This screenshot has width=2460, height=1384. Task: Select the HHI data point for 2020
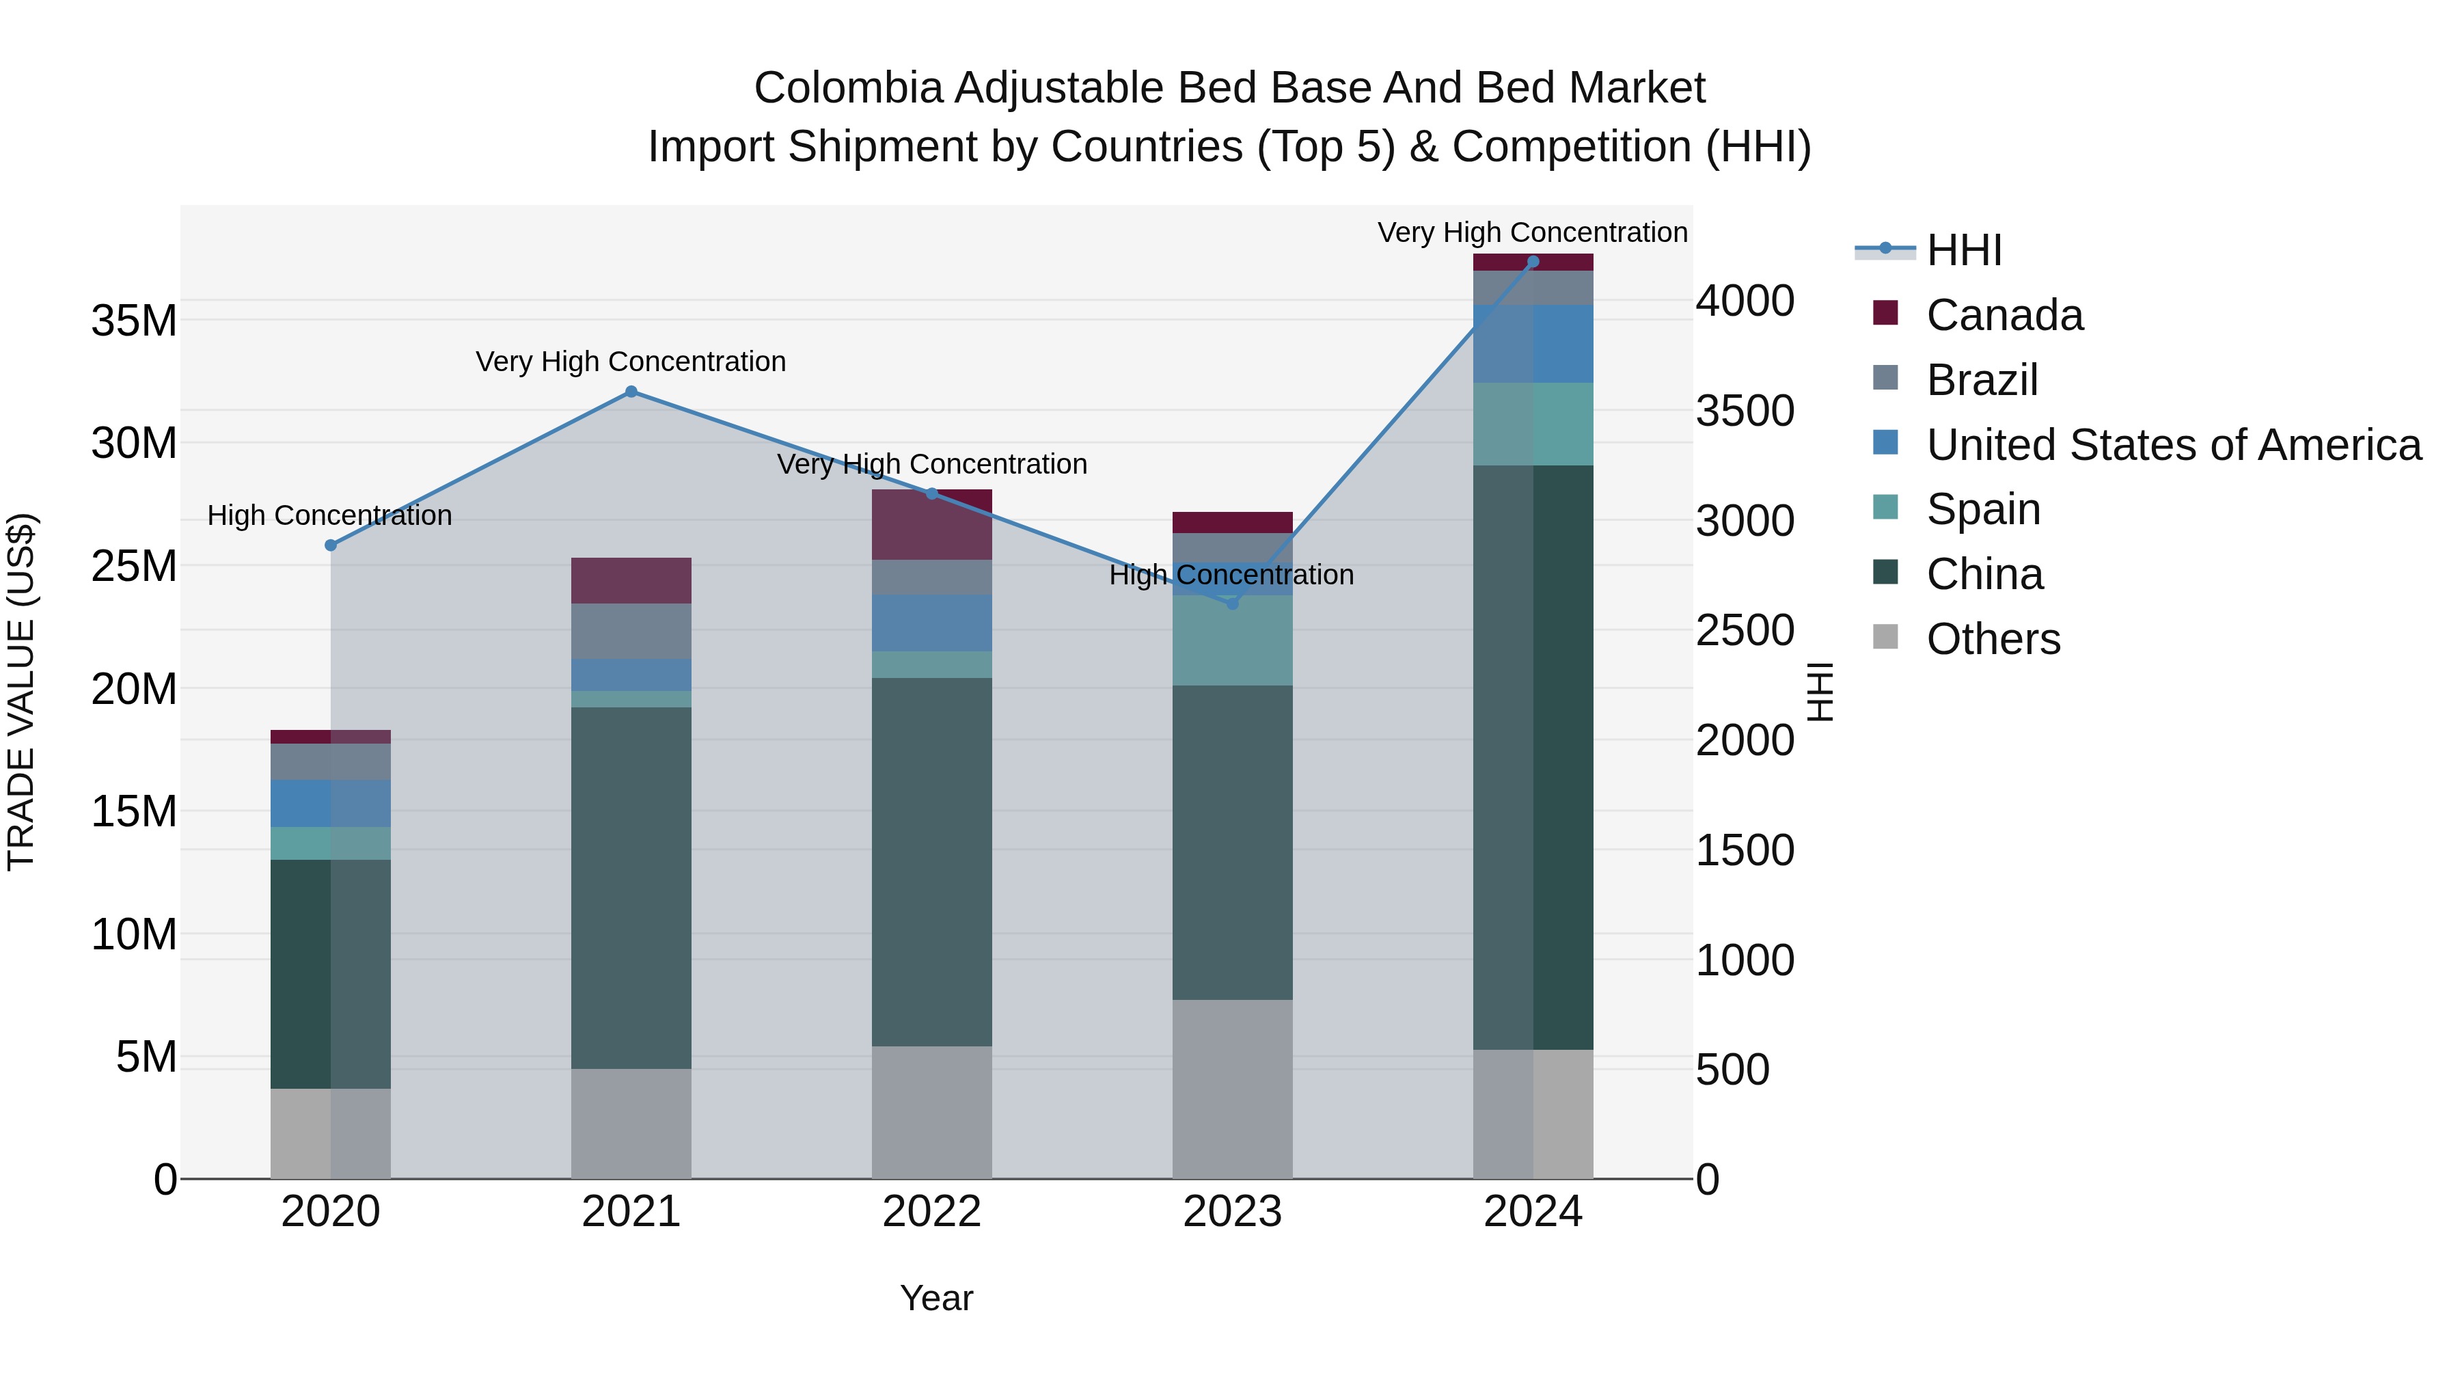click(x=331, y=545)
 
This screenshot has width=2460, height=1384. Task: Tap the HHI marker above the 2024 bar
click(x=1533, y=262)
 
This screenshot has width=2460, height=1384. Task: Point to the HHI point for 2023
click(x=1232, y=603)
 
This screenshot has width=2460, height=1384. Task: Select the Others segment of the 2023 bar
click(x=1232, y=1089)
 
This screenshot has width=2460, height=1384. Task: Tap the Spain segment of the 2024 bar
click(x=1533, y=424)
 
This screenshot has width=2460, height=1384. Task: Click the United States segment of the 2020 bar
click(x=331, y=803)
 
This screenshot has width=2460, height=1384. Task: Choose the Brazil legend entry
click(x=1982, y=380)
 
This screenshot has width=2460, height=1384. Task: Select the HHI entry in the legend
click(x=1963, y=250)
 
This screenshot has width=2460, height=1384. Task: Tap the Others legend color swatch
click(x=1885, y=636)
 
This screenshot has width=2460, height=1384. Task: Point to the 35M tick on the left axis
click(x=134, y=321)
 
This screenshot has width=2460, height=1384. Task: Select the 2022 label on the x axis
click(x=931, y=1212)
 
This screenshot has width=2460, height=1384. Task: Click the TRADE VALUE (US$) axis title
click(x=21, y=692)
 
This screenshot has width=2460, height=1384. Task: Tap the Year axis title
click(x=936, y=1298)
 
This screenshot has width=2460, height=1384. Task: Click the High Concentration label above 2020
click(x=329, y=516)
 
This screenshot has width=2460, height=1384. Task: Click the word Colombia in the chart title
click(x=847, y=88)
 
